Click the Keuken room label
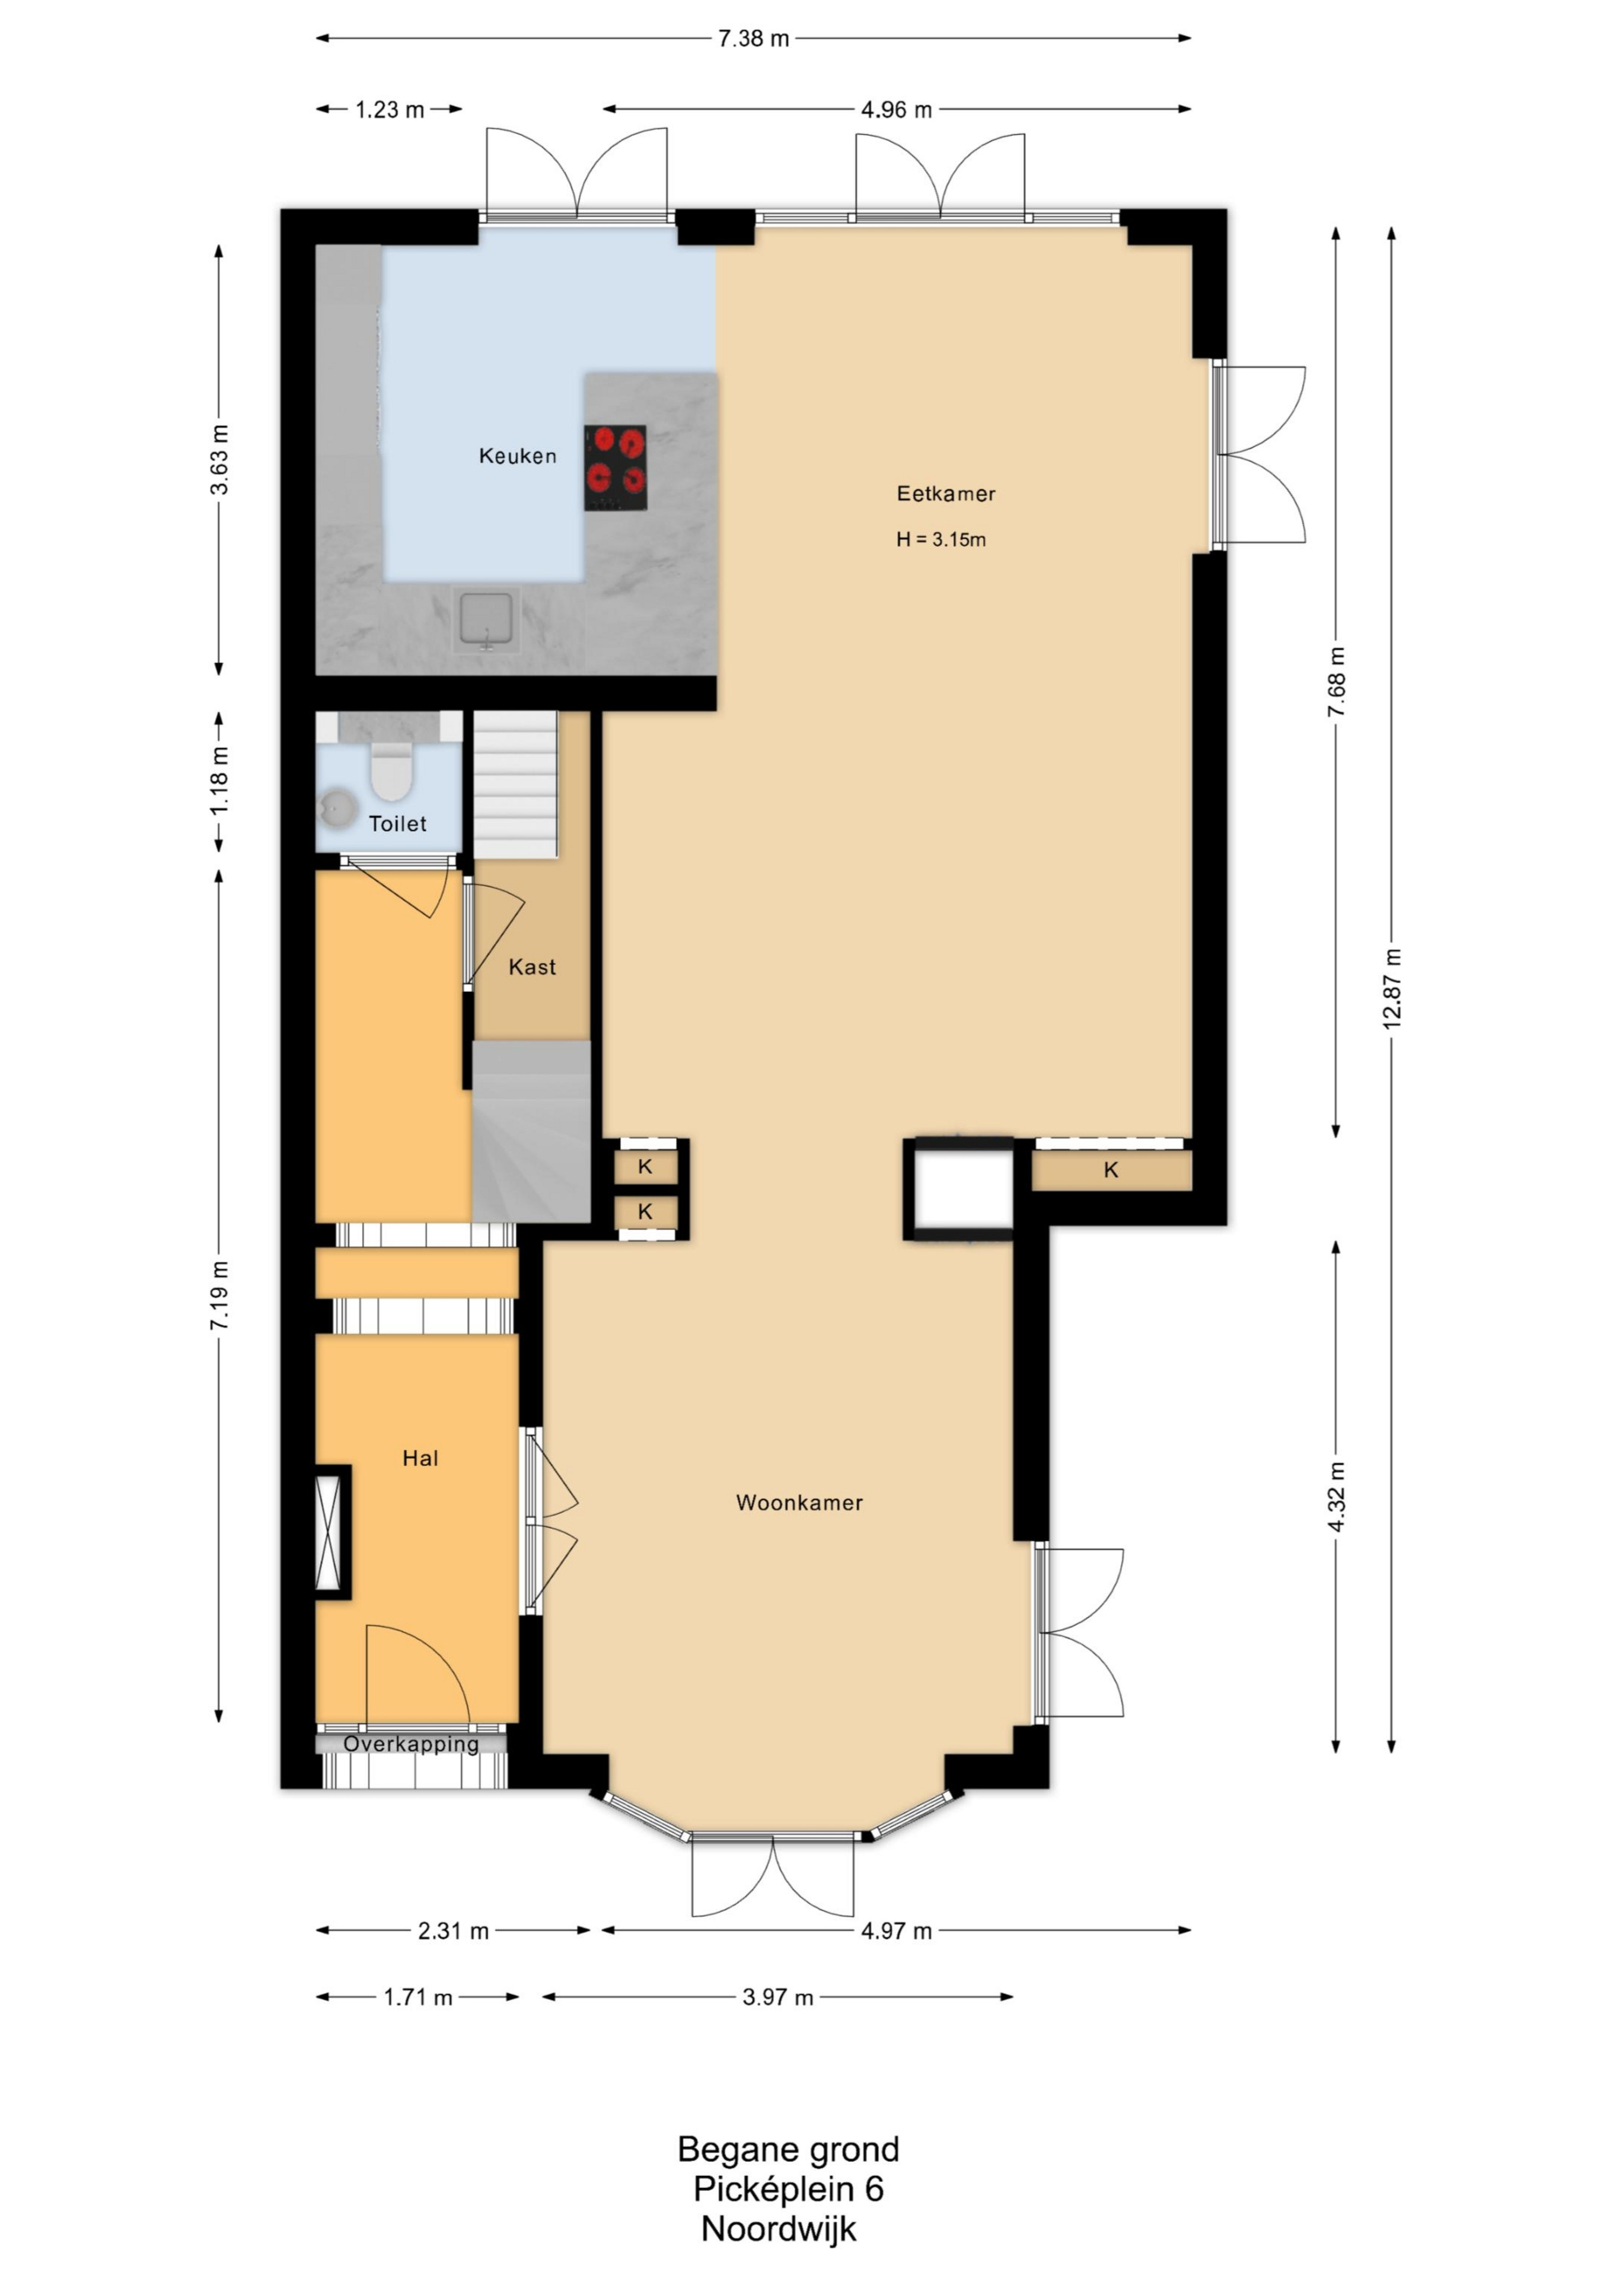(517, 456)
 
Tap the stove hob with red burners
(615, 468)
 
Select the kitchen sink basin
(486, 619)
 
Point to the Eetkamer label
(945, 493)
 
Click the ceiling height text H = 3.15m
(941, 540)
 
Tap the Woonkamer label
(799, 1503)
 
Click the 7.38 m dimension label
(753, 39)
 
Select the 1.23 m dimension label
(390, 109)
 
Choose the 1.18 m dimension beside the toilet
(219, 782)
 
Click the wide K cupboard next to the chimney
(1111, 1170)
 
